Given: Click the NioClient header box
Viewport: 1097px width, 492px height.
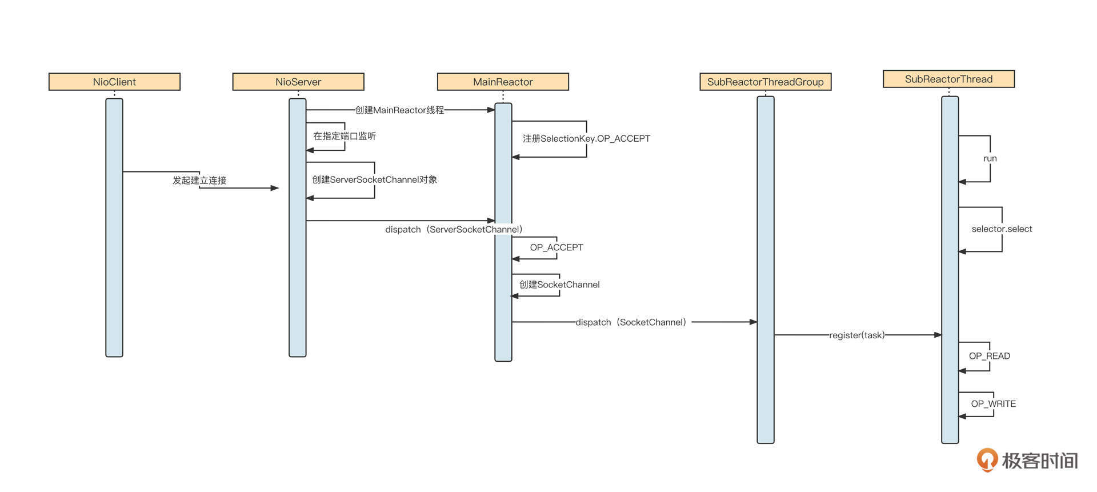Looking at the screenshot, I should tap(114, 82).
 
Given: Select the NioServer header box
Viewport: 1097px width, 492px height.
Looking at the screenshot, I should tap(298, 82).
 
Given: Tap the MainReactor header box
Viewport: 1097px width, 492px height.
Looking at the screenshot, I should tap(503, 82).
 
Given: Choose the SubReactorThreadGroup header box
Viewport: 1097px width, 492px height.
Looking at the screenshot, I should tap(765, 82).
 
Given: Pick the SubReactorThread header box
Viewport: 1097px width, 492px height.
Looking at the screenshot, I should tap(948, 79).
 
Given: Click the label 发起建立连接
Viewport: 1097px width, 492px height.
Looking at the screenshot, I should tap(199, 180).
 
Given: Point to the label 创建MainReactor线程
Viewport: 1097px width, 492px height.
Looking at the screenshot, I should tap(399, 110).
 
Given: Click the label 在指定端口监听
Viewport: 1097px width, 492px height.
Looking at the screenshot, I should tap(345, 136).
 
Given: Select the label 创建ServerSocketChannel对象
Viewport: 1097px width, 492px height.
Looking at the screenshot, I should tap(374, 179).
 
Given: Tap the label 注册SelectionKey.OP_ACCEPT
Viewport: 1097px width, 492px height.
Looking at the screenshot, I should tap(586, 138).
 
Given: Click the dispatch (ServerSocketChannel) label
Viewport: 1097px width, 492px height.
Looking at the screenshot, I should tap(454, 229).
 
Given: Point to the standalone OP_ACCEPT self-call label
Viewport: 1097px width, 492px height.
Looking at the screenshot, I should tap(556, 247).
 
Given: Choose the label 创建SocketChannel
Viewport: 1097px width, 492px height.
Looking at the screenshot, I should tap(559, 285).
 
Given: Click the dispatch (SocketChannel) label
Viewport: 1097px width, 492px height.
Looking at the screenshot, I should tap(631, 322).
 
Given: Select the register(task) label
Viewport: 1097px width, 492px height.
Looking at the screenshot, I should tap(856, 335).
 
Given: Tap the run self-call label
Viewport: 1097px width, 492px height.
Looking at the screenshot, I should tap(990, 158).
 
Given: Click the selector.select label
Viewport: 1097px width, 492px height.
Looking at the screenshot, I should tap(1002, 229).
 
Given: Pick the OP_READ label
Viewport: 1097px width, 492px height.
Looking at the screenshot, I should tap(989, 356).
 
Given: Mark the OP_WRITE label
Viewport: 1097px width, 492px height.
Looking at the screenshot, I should tap(993, 403).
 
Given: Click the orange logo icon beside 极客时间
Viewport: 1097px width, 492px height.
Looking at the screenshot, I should tap(987, 459).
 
